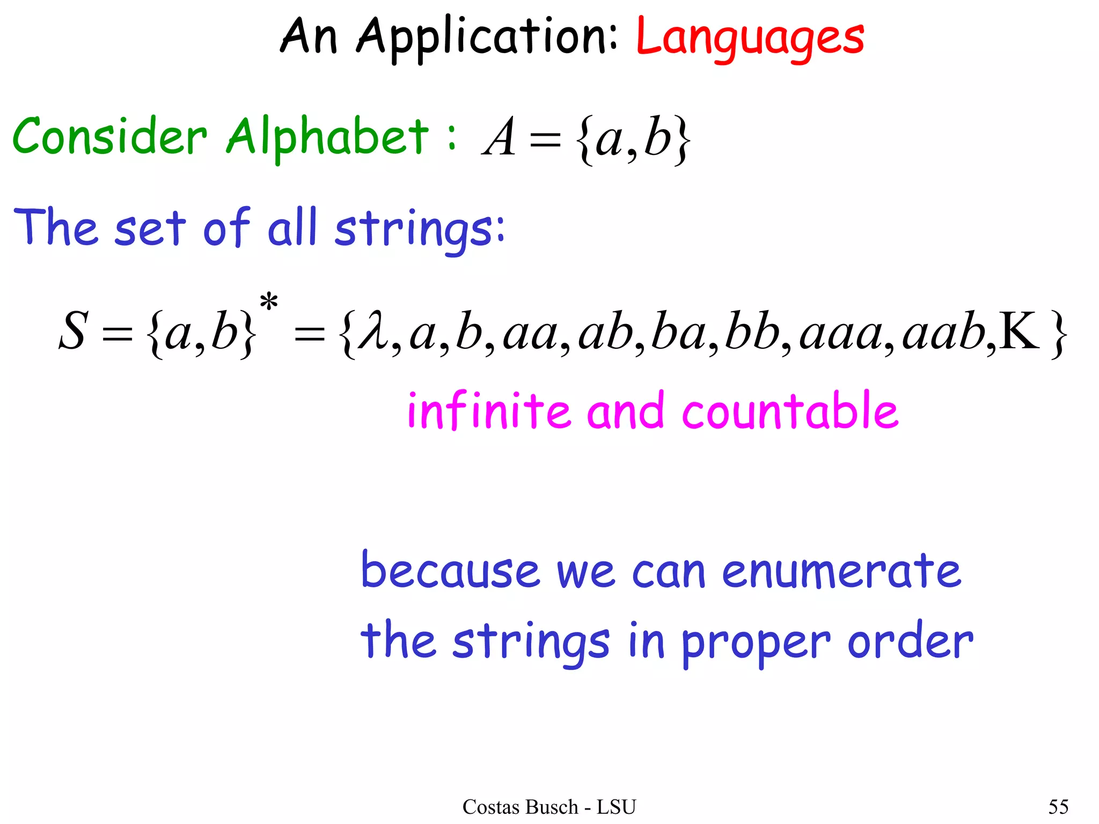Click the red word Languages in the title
click(750, 38)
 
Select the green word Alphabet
click(327, 137)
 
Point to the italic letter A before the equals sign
click(500, 138)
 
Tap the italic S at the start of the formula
click(72, 332)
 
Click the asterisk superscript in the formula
click(269, 303)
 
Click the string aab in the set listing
click(943, 333)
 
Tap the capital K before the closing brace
click(1020, 332)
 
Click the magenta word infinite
click(489, 410)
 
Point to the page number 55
click(1058, 806)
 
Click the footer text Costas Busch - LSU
click(549, 806)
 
